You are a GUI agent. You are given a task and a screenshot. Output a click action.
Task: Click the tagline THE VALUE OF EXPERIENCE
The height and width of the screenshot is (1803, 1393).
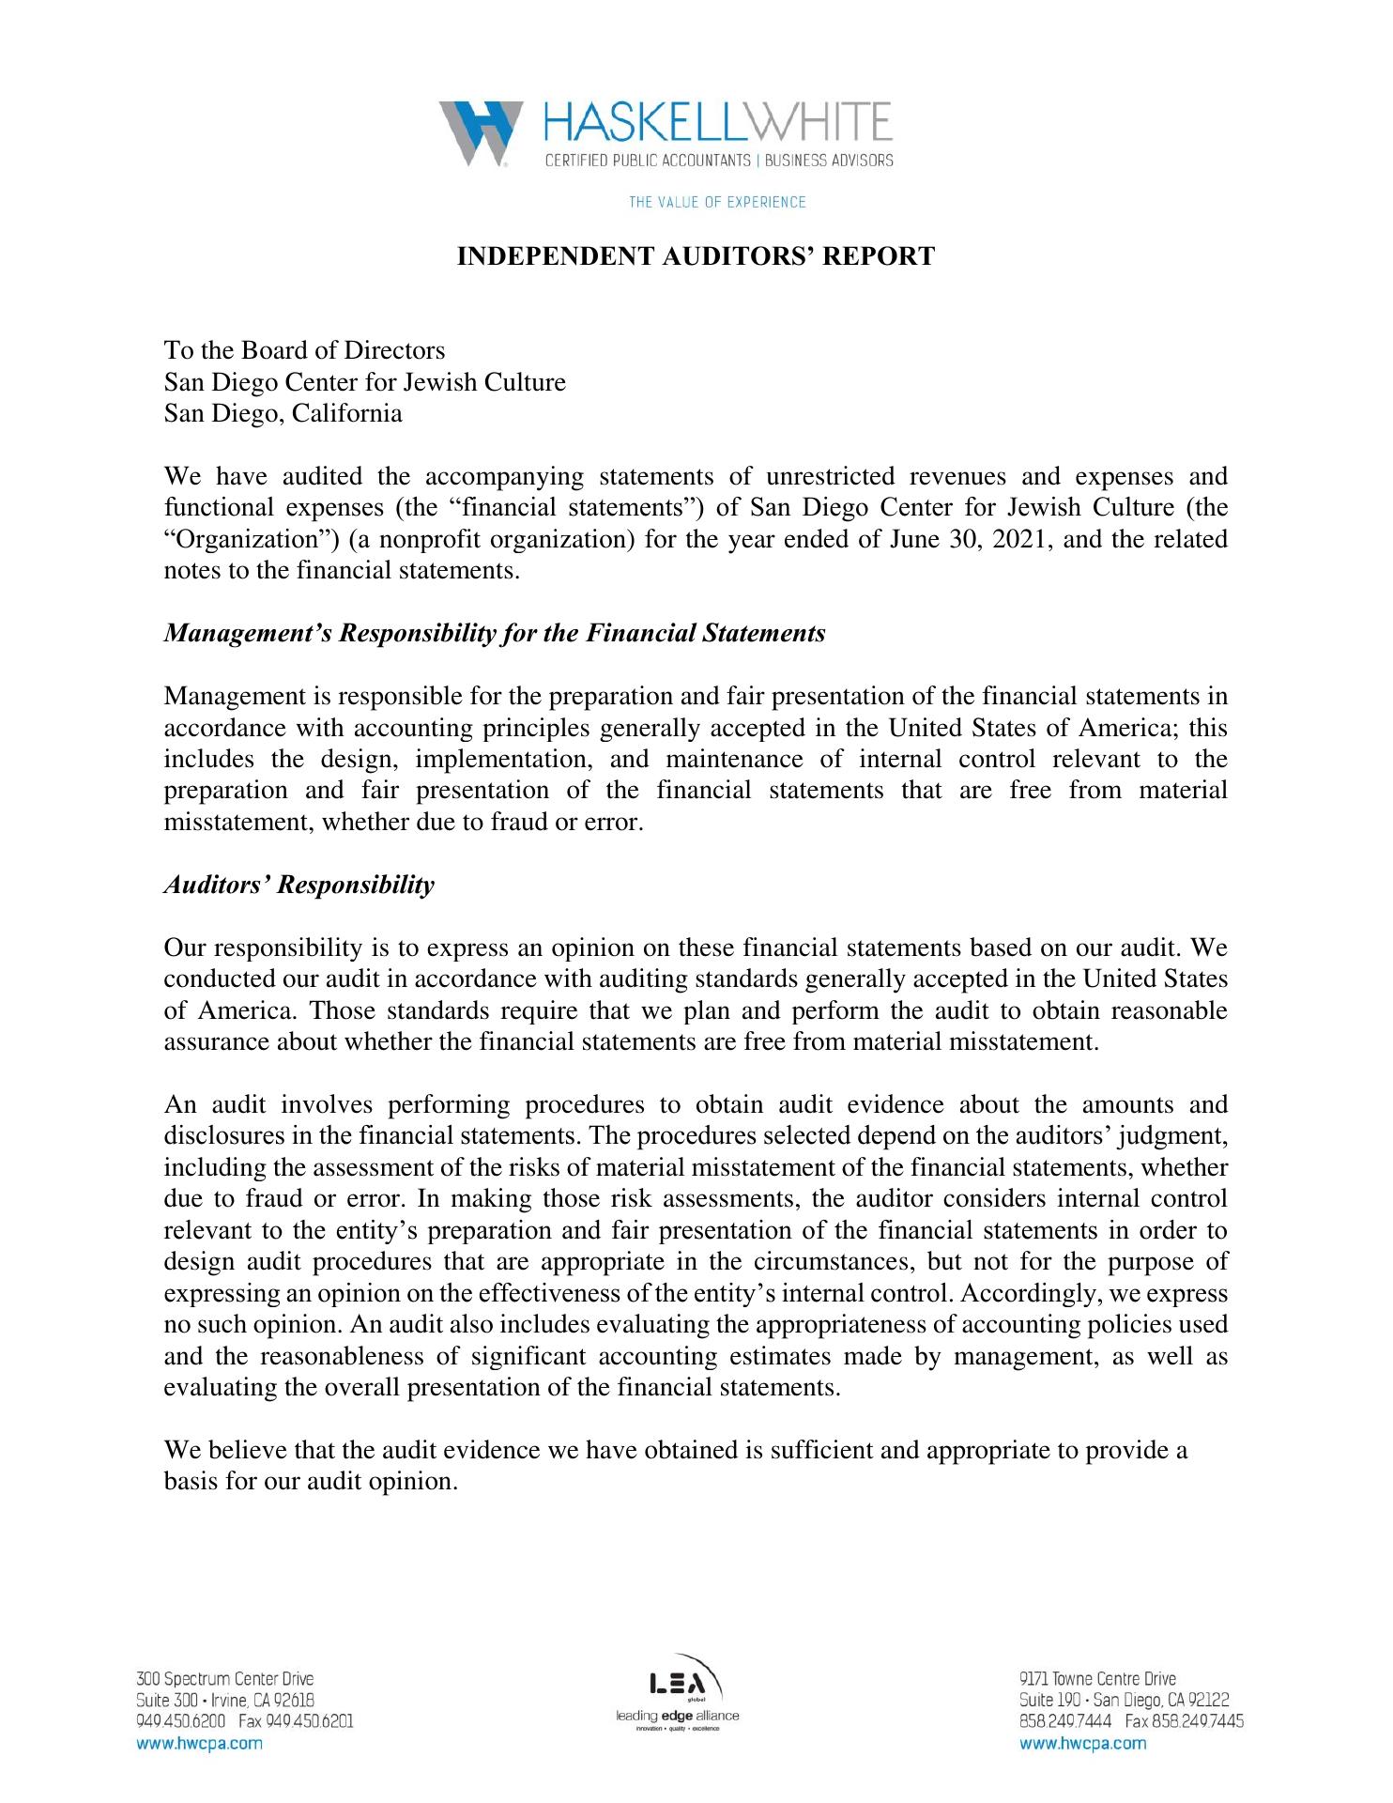(717, 202)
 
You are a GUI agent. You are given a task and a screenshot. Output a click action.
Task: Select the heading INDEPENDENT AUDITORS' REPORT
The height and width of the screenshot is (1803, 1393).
(696, 256)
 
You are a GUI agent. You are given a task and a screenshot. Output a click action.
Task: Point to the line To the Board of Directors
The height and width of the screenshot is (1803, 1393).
(304, 350)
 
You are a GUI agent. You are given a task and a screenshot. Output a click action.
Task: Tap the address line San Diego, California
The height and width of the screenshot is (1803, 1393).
(283, 413)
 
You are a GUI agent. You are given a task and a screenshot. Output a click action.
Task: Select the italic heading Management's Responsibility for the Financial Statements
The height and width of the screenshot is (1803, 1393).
(495, 633)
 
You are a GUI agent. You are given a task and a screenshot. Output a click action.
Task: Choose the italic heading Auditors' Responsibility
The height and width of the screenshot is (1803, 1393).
(298, 885)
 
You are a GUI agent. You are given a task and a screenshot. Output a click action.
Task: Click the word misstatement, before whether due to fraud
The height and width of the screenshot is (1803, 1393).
(238, 822)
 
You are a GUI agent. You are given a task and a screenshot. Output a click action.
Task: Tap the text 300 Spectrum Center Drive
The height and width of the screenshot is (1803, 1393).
(225, 1679)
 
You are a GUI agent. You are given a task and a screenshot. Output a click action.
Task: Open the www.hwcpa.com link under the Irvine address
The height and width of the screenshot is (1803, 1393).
(199, 1743)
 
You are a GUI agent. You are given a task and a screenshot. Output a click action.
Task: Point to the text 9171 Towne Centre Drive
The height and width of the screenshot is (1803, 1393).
(1097, 1679)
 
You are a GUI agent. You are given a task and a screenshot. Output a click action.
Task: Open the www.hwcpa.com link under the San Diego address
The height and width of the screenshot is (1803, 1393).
(1082, 1743)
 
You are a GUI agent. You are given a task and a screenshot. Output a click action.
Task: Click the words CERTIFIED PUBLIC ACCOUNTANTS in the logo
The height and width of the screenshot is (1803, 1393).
(648, 161)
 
